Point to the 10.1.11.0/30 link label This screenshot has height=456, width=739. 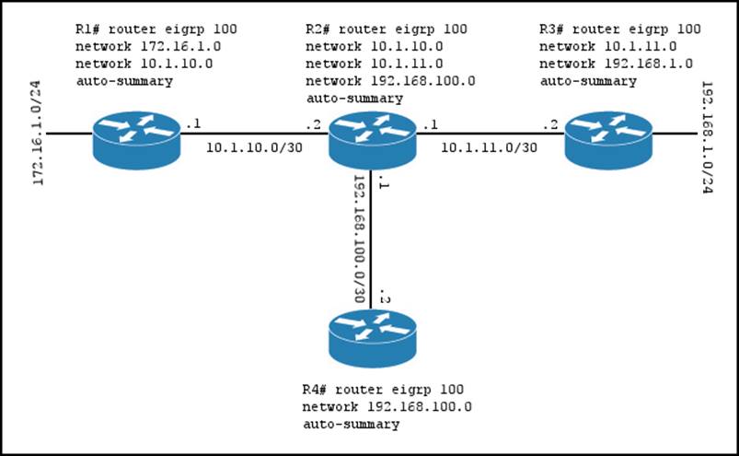(490, 146)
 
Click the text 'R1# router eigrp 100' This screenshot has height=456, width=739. (138, 29)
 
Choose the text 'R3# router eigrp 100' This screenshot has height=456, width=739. (619, 29)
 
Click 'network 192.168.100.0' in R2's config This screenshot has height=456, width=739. (390, 80)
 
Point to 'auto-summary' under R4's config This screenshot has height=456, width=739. (351, 424)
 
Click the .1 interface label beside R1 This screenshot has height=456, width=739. (192, 123)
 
